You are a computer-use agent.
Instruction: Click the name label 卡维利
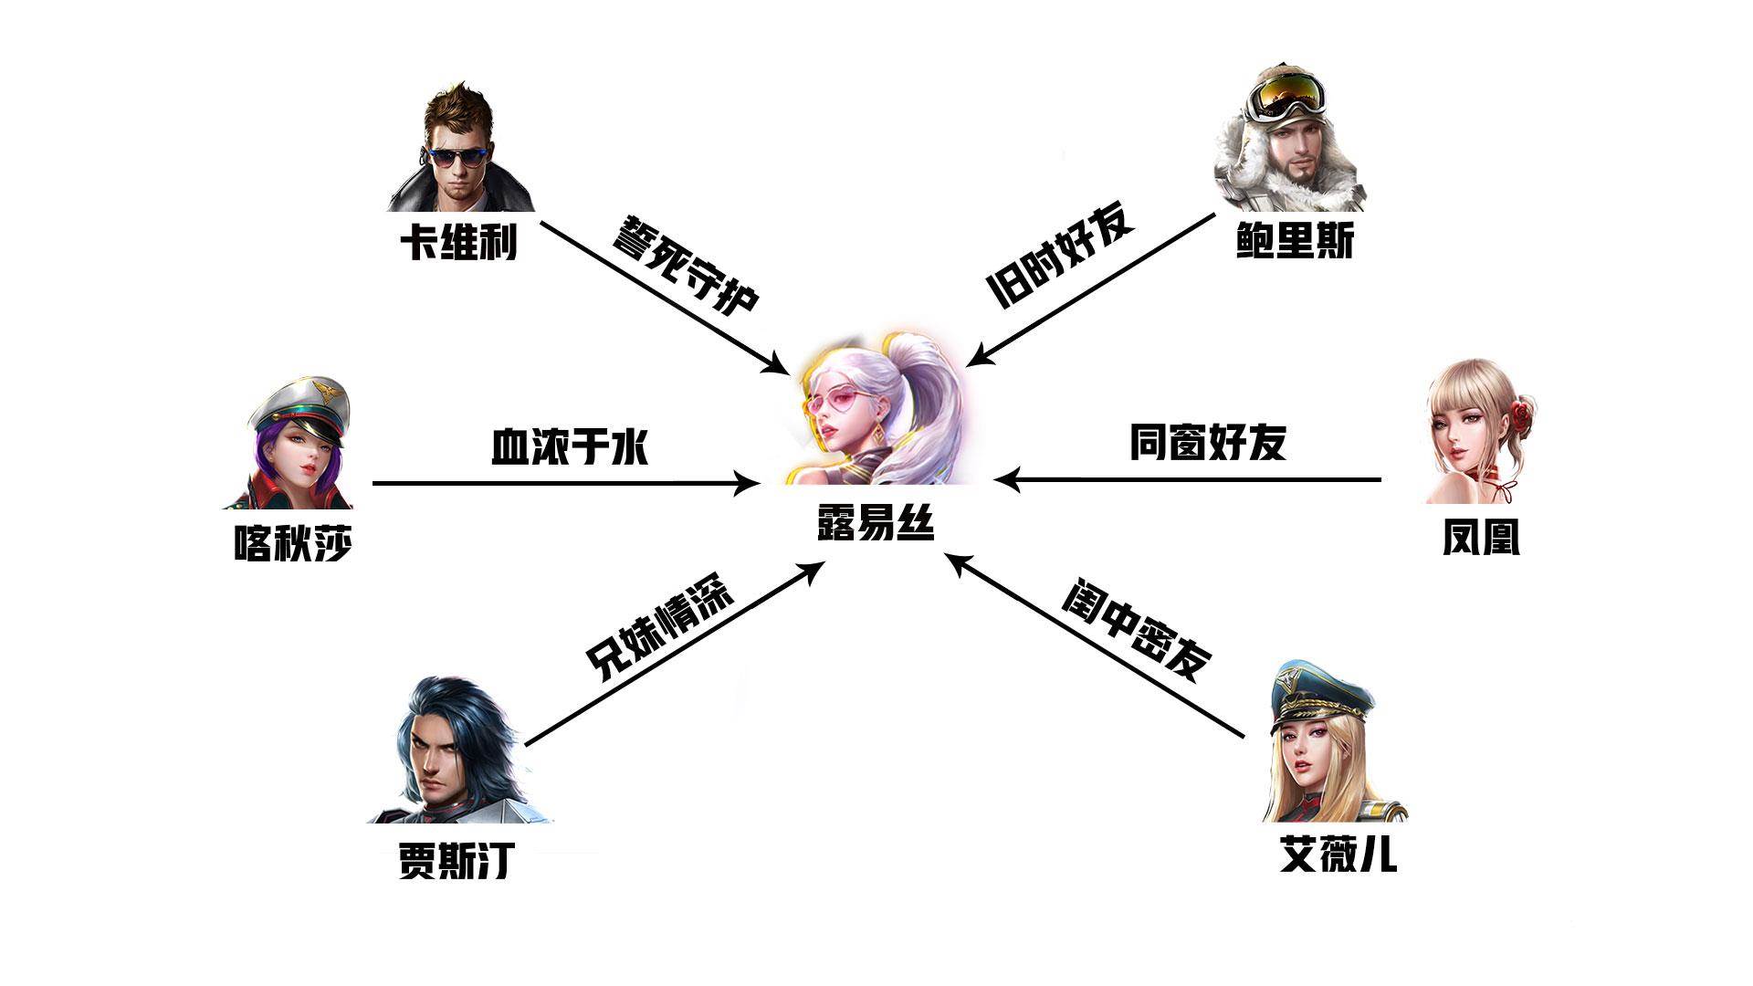tap(458, 242)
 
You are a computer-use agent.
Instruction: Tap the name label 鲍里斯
tap(1295, 242)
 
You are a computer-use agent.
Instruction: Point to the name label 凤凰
tap(1481, 539)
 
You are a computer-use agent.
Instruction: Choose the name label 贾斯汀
tap(457, 860)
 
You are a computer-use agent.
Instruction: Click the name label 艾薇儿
tap(1338, 855)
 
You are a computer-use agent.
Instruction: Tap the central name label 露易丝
tap(876, 523)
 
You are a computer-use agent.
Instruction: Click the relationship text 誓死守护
tap(684, 266)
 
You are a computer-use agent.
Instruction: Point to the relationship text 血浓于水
tap(570, 446)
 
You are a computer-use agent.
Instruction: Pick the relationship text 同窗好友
tap(1208, 443)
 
